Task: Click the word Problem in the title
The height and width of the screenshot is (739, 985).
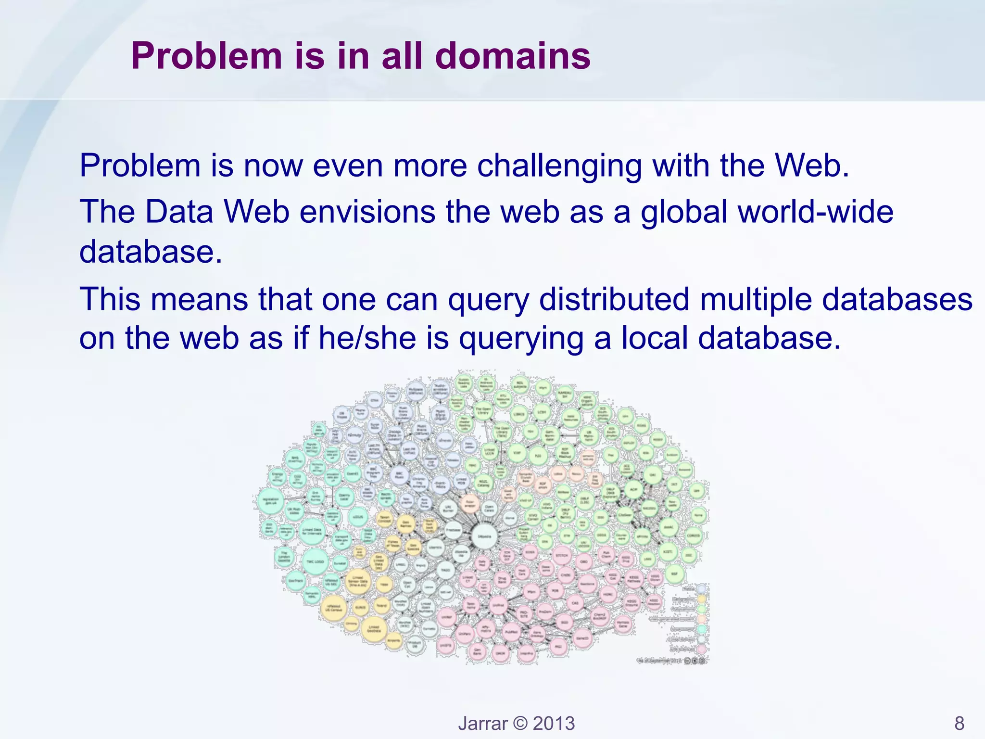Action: point(206,57)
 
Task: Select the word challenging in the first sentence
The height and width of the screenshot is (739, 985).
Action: point(559,166)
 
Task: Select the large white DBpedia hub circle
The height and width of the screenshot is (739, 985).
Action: point(484,536)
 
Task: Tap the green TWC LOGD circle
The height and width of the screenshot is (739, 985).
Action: point(315,561)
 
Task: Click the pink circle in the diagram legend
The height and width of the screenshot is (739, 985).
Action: point(702,649)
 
